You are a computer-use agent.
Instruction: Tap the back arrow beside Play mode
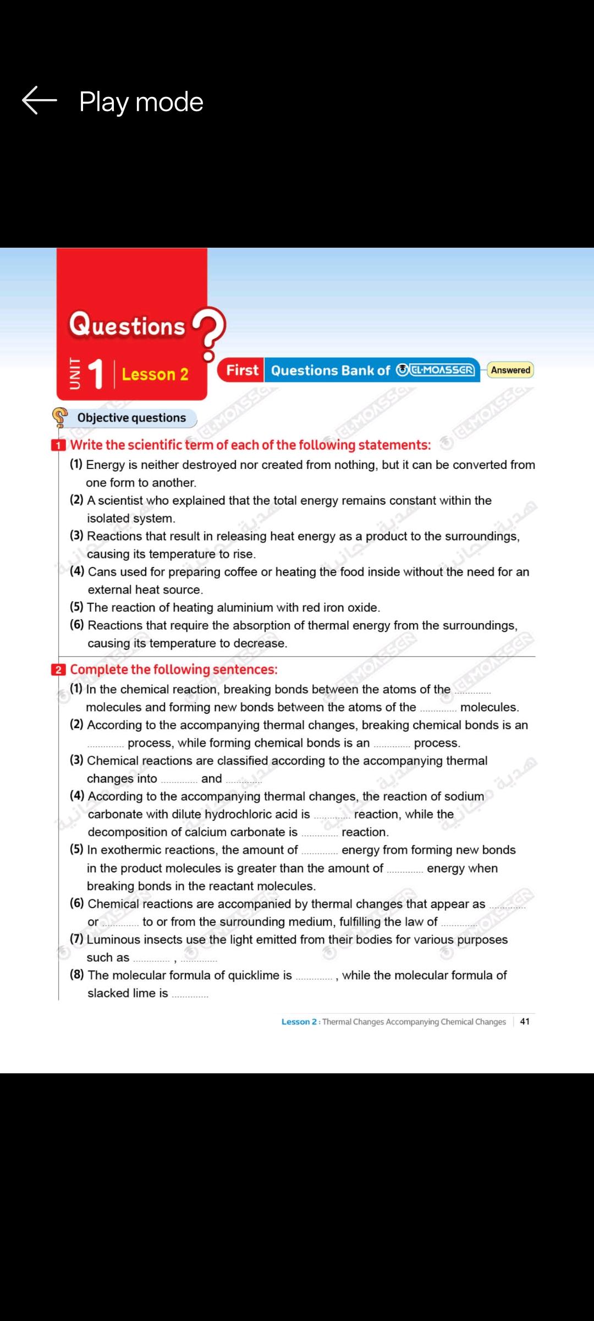[39, 101]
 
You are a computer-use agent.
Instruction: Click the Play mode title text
[141, 102]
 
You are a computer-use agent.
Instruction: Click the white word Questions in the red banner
[127, 325]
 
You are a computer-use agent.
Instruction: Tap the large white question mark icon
[209, 332]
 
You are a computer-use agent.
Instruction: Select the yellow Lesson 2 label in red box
[155, 374]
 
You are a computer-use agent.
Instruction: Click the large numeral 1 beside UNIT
[95, 374]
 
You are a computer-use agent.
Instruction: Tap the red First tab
[241, 370]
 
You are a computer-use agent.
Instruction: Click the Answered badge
[510, 370]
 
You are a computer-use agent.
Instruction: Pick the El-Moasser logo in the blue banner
[436, 370]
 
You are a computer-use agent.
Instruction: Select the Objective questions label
[131, 418]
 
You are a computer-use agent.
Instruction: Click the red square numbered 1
[58, 445]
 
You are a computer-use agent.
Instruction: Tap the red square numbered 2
[58, 670]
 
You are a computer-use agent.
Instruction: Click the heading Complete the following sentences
[174, 669]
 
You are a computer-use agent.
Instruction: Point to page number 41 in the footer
[525, 1021]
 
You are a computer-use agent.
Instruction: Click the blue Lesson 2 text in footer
[299, 1022]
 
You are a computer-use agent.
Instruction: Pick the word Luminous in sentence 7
[112, 939]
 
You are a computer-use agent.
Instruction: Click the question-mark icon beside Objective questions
[59, 417]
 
